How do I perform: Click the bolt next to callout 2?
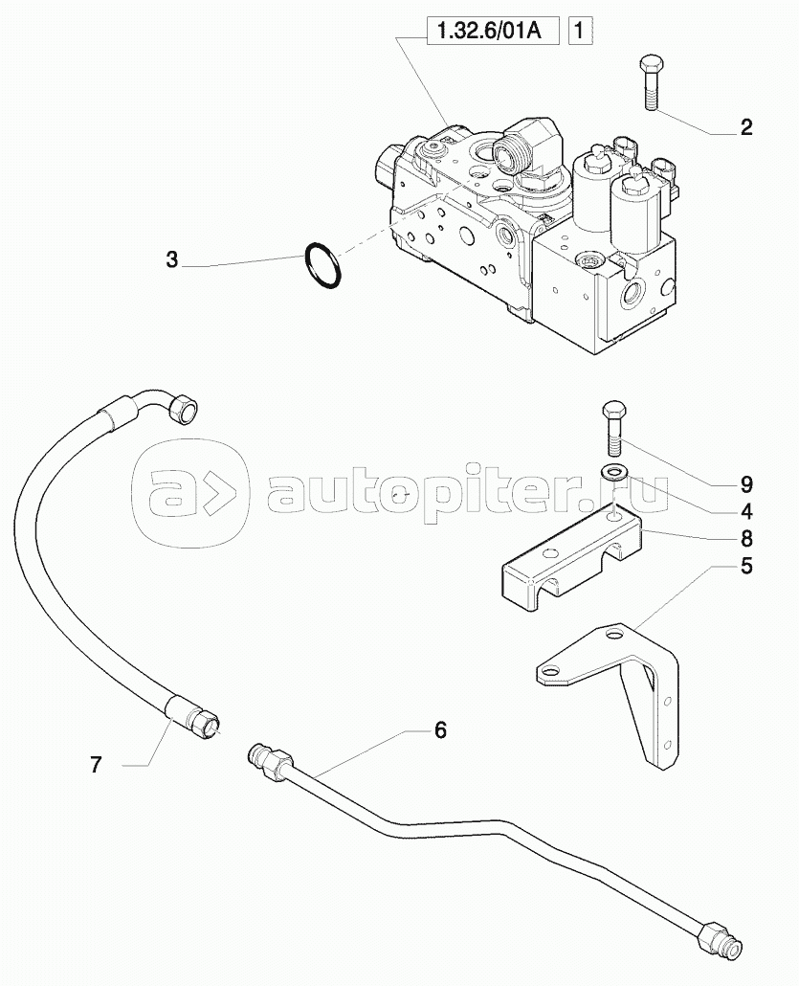coord(649,83)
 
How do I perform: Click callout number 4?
coord(745,511)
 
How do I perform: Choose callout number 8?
coord(745,538)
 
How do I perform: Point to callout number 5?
coord(745,566)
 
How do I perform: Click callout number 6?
coord(440,730)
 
